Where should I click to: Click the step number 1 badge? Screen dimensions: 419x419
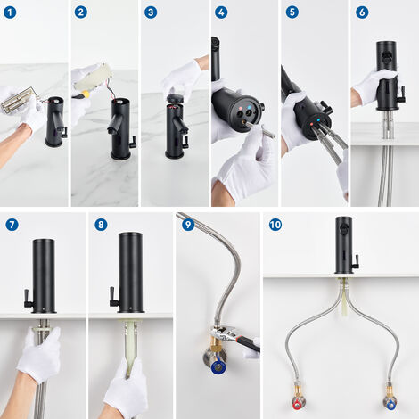pyautogui.click(x=12, y=12)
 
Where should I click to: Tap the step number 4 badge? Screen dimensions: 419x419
pyautogui.click(x=221, y=12)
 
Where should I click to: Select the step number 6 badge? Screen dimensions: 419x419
pyautogui.click(x=361, y=12)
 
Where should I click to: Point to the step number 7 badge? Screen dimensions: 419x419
pyautogui.click(x=12, y=224)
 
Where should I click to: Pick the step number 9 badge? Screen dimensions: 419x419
pyautogui.click(x=187, y=224)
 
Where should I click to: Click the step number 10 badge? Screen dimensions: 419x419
pyautogui.click(x=275, y=224)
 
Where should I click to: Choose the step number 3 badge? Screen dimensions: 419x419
pyautogui.click(x=152, y=12)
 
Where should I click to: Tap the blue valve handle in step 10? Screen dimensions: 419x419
pyautogui.click(x=390, y=402)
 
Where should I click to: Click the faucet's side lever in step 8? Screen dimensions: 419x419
pyautogui.click(x=115, y=299)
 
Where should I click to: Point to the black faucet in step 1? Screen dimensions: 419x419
pyautogui.click(x=55, y=123)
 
